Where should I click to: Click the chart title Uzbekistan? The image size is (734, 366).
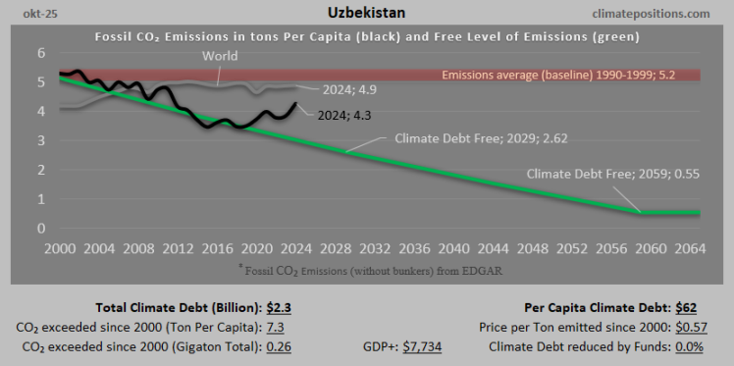(366, 13)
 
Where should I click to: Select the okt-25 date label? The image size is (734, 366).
(29, 14)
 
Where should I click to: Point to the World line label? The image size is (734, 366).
(220, 56)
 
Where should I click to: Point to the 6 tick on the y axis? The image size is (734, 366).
(40, 52)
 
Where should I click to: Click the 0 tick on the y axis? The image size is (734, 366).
(40, 229)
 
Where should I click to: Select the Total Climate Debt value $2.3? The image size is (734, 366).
(280, 307)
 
